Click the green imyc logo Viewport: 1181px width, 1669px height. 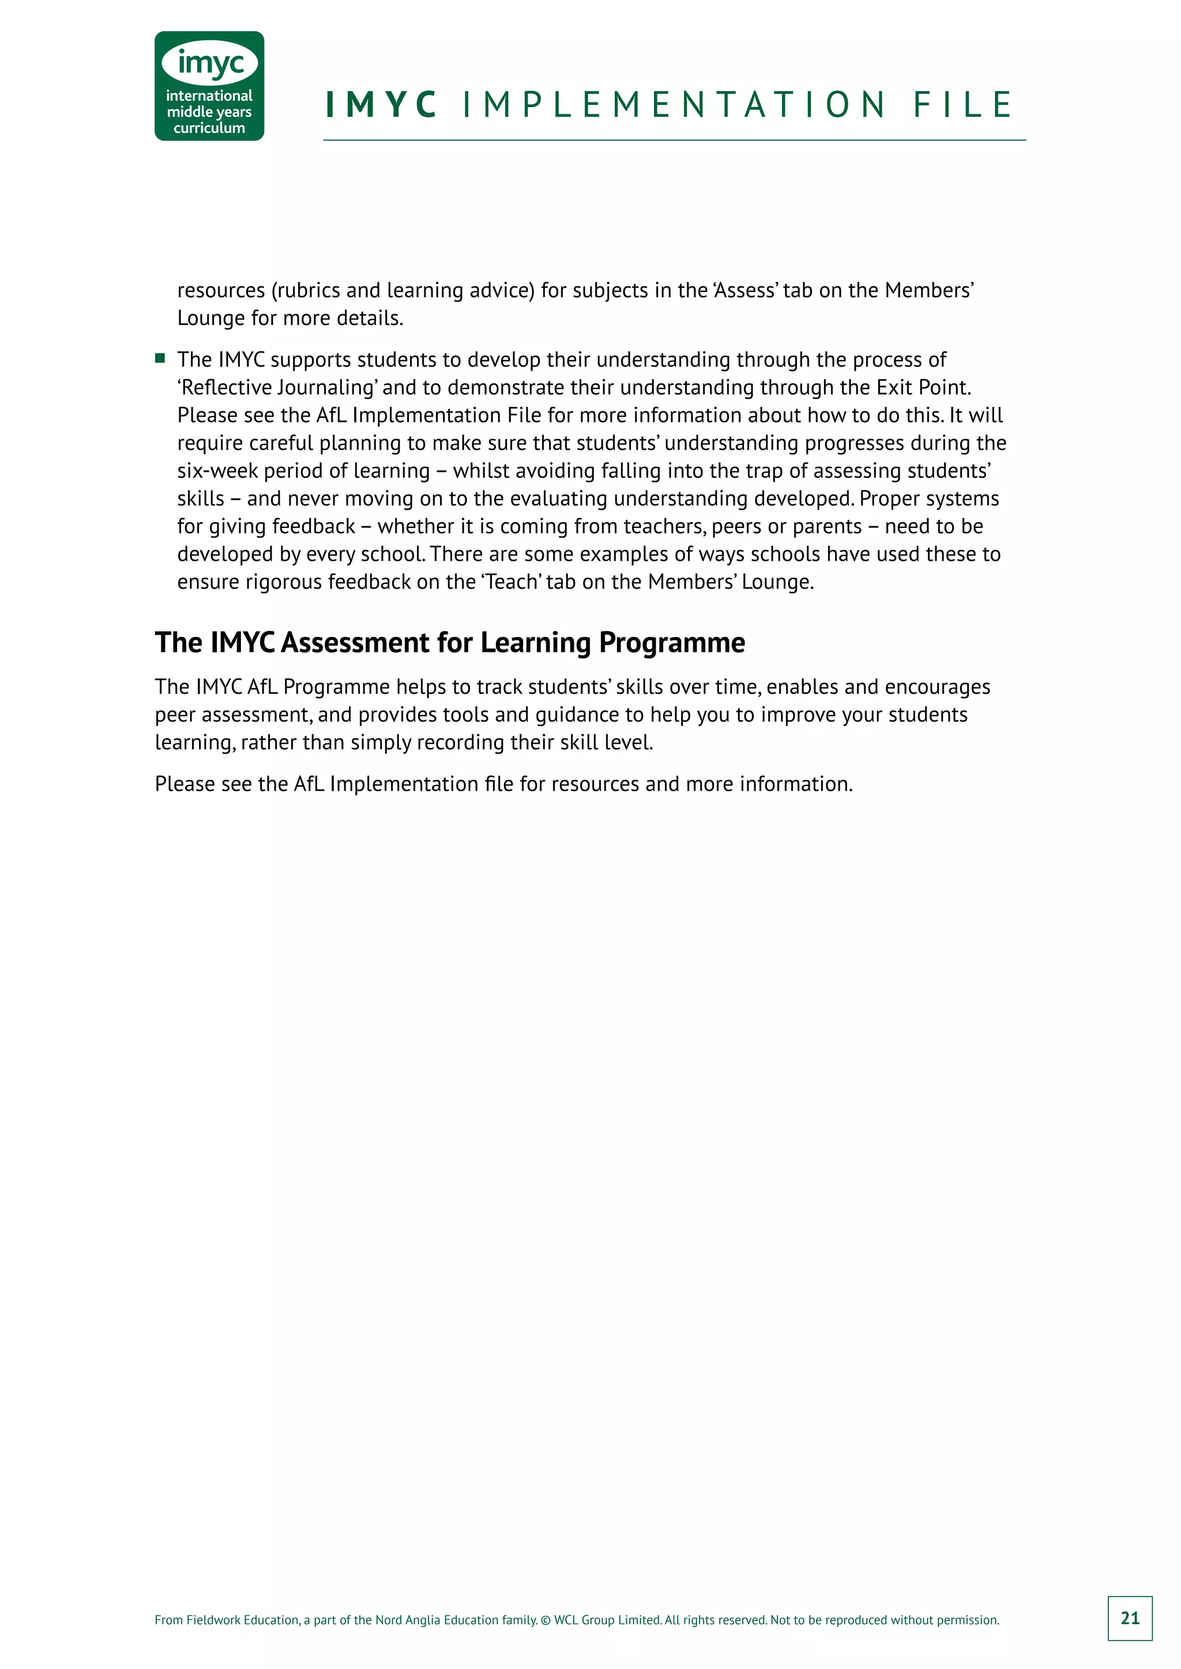[209, 85]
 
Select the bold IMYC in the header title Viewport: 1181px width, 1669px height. [381, 105]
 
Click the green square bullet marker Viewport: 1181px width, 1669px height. [160, 358]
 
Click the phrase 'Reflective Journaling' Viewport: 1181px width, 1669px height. [277, 387]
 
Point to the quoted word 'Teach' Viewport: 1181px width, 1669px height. [513, 582]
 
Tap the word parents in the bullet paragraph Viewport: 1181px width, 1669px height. [827, 526]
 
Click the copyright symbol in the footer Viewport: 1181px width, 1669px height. [546, 1619]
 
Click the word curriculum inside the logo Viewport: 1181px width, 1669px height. [209, 128]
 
